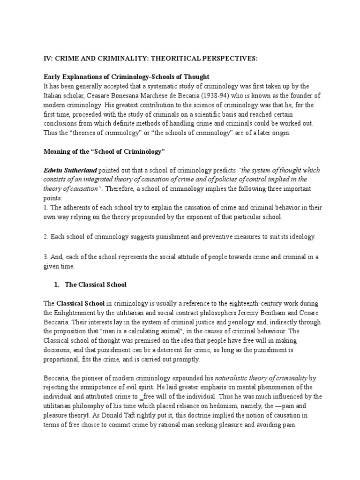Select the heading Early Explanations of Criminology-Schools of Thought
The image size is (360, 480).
click(x=127, y=76)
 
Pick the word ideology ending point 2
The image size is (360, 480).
click(x=301, y=237)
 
